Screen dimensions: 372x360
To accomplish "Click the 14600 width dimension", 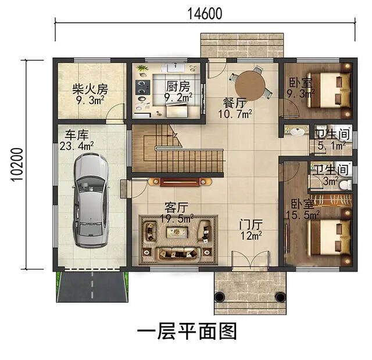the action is (205, 14).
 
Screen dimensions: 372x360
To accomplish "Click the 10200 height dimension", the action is (17, 164).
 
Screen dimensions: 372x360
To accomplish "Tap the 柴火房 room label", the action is (90, 89).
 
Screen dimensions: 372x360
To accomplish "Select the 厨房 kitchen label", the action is (178, 87).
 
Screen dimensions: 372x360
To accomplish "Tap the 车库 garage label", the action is (77, 135).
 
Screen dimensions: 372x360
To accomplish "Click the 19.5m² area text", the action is (177, 219).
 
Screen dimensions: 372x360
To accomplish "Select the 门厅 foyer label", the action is (251, 224).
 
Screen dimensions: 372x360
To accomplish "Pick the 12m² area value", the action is (251, 236).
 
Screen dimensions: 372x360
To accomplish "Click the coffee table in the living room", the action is (177, 232).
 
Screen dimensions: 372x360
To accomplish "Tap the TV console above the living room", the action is (180, 182).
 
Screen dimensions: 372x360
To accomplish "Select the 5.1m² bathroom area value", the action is (332, 145).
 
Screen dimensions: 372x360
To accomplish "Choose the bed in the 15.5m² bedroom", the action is (329, 237).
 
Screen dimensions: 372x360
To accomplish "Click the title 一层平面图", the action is (187, 331).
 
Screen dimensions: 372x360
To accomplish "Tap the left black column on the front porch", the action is (220, 297).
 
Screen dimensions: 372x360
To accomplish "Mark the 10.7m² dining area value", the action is (235, 114).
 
